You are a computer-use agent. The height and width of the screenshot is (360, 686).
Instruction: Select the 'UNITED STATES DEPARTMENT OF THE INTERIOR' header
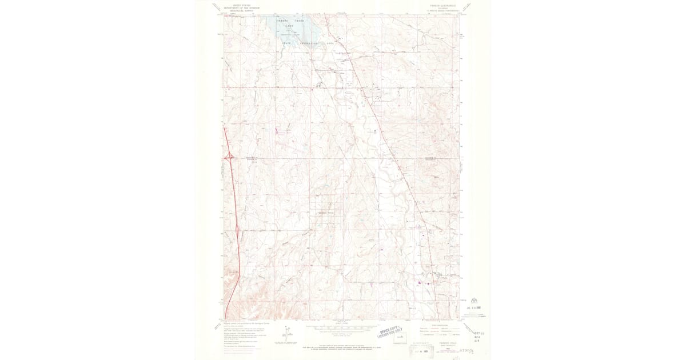coord(241,6)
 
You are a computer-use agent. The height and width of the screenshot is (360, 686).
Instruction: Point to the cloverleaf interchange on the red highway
coord(229,155)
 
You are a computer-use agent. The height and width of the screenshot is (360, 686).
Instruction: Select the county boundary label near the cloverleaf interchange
coord(253,158)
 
